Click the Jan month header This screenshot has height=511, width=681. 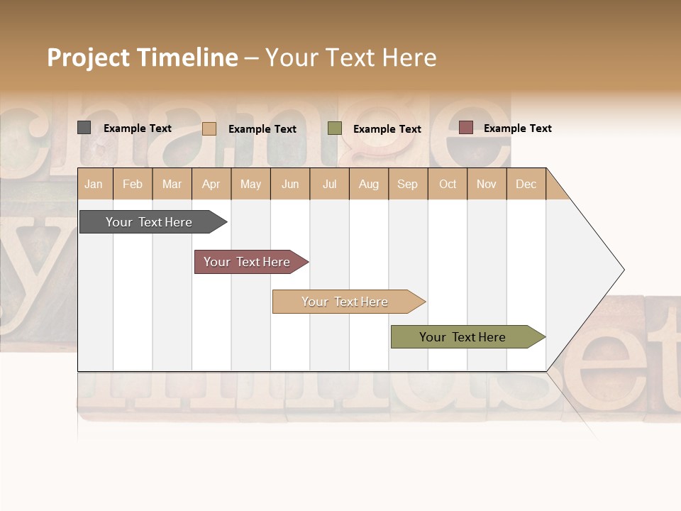point(94,184)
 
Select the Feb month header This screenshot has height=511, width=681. point(133,184)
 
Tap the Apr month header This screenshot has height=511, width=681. point(211,184)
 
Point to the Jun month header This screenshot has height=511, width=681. point(290,184)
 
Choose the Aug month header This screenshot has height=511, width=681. point(369,184)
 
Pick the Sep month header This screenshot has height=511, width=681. point(408,184)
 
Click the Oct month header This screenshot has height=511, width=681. point(448,184)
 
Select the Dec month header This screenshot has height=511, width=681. point(526,184)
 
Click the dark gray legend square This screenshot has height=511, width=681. point(84,128)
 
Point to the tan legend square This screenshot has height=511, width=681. point(209,128)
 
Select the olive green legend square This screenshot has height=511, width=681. point(335,128)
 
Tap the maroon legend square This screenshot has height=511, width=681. point(465,128)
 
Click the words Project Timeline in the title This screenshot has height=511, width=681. point(143,57)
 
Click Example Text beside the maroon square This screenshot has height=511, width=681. point(518,128)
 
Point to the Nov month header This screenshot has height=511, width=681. point(487,184)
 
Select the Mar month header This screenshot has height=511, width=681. point(172,184)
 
